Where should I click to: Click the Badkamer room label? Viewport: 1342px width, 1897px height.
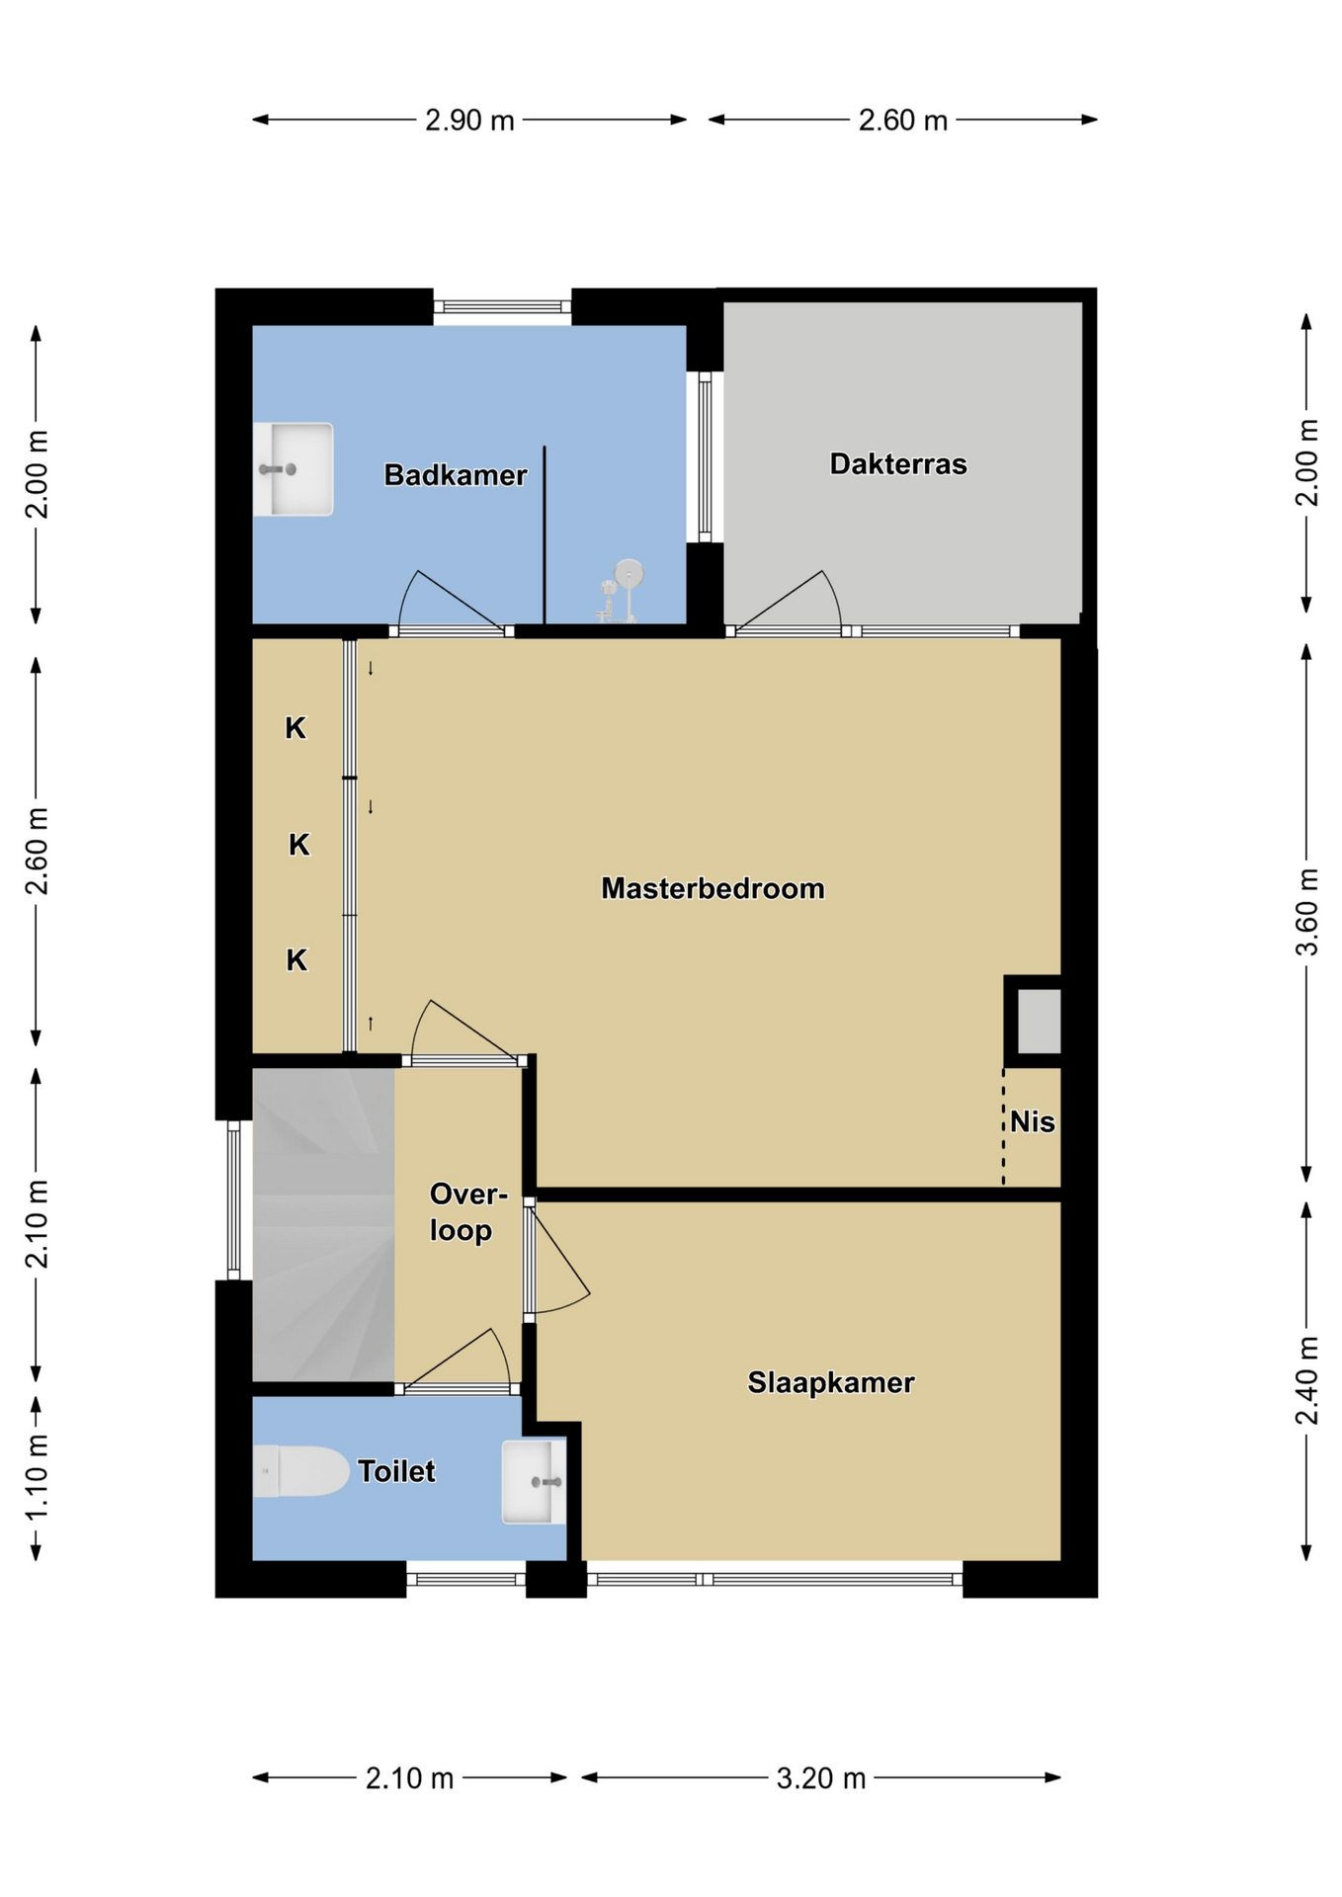coord(455,475)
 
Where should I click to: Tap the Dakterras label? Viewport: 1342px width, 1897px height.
coord(898,464)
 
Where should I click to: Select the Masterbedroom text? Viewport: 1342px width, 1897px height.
coord(713,888)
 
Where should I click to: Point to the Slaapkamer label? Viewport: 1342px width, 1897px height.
coord(830,1382)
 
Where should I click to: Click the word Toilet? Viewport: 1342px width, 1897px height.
coord(396,1471)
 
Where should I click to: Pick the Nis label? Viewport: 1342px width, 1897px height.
coord(1033,1122)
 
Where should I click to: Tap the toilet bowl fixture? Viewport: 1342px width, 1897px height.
coord(300,1471)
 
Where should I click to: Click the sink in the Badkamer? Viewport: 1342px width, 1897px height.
coord(293,469)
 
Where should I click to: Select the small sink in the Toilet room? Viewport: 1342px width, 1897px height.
coord(534,1482)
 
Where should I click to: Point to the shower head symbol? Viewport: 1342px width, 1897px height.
coord(621,591)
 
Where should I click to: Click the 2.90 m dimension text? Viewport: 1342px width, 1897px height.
coord(469,121)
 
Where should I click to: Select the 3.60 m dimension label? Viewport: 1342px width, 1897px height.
coord(1306,912)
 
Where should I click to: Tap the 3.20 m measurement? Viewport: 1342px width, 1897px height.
coord(820,1778)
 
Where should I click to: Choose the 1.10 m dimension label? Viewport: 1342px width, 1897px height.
coord(37,1479)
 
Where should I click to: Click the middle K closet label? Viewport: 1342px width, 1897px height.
coord(299,845)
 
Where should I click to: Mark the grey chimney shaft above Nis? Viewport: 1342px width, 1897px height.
coord(1039,1022)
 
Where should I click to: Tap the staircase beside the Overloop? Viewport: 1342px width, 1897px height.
coord(323,1225)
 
